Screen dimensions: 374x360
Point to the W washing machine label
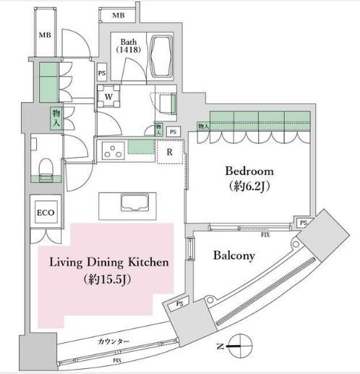click(108, 96)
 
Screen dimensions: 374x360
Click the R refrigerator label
click(169, 152)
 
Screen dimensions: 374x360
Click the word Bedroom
click(249, 171)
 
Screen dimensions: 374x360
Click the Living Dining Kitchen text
click(109, 263)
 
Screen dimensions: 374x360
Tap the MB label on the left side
click(45, 35)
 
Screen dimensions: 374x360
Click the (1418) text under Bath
click(130, 51)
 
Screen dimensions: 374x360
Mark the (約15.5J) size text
click(108, 279)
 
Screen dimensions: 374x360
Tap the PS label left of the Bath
click(102, 73)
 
